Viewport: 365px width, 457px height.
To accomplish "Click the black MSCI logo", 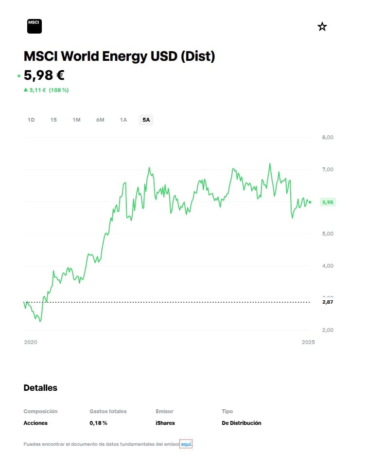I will click(35, 26).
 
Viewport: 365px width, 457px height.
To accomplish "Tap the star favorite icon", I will click(322, 27).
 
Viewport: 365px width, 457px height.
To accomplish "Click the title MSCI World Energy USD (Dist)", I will click(119, 56).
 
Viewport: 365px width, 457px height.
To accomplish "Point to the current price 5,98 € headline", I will click(44, 75).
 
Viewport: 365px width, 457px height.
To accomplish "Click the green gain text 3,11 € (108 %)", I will click(46, 90).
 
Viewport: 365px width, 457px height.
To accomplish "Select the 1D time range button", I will click(31, 120).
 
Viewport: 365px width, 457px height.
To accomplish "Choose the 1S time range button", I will click(53, 120).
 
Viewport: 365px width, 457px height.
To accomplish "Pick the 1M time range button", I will click(76, 120).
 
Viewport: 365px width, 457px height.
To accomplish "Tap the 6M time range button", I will click(100, 120).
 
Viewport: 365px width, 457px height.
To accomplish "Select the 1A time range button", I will click(123, 120).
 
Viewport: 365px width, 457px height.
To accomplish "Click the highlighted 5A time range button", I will click(146, 120).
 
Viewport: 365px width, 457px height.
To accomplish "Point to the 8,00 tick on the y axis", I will click(328, 137).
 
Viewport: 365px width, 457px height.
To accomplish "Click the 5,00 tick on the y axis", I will click(328, 234).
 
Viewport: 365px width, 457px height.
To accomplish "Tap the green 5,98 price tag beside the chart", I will click(328, 202).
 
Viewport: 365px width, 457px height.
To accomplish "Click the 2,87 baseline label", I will click(328, 302).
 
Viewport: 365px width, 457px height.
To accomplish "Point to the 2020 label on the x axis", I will click(31, 342).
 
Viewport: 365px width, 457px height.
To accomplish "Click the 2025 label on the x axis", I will click(308, 342).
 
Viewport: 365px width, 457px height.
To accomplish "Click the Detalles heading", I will click(40, 388).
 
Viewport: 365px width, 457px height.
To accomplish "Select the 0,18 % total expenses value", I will click(98, 423).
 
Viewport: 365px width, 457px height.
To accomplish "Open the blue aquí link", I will click(186, 444).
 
